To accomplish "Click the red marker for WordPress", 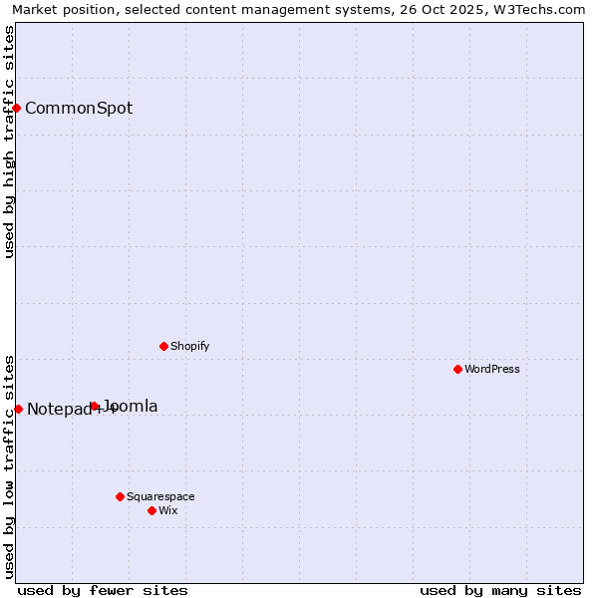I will coord(457,369).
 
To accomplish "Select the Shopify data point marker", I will coord(163,346).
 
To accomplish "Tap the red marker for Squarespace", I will coord(120,496).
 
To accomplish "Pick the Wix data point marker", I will coord(151,510).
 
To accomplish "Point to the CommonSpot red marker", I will coord(17,108).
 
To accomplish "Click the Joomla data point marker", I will coord(94,406).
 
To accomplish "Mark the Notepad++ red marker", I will coord(18,409).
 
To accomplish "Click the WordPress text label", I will coord(492,369).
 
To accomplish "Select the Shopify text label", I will coord(190,346).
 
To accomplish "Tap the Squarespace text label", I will coord(160,496).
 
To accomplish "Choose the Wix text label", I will coord(168,510).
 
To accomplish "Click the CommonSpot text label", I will coord(79,108).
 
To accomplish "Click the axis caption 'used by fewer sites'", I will coord(103,590).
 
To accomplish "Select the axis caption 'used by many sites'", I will coord(500,590).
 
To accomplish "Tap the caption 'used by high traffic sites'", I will coord(9,142).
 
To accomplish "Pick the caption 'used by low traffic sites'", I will coord(9,466).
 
